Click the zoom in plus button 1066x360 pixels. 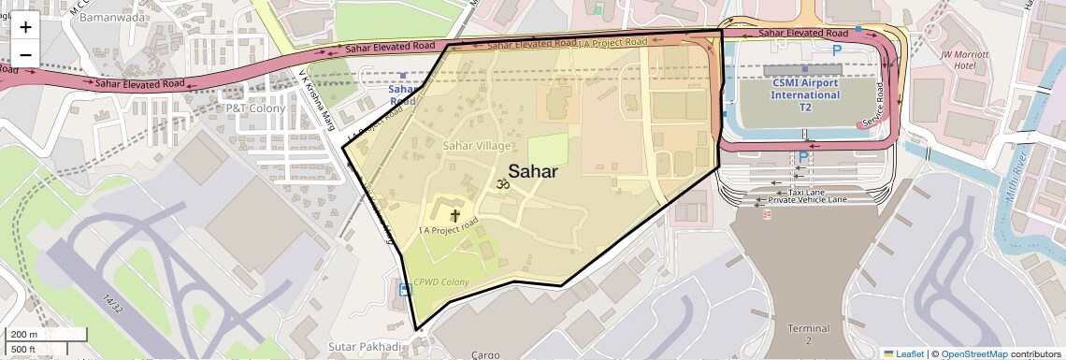[25, 26]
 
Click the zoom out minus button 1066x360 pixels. [25, 54]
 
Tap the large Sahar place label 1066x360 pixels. [533, 171]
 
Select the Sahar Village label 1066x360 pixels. [477, 146]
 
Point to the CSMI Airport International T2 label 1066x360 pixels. [805, 94]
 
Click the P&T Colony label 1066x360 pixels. [255, 108]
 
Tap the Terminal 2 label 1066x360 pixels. [809, 335]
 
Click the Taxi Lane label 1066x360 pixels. [806, 192]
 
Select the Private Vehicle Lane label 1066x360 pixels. [807, 200]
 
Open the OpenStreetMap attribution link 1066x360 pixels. [973, 353]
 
